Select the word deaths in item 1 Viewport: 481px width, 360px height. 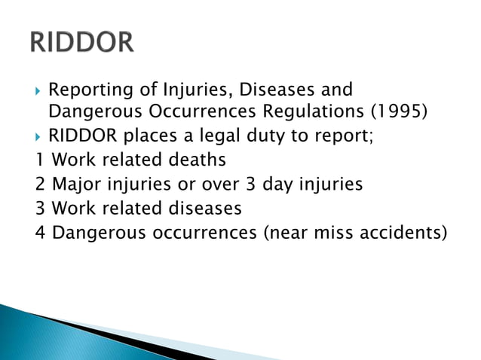tap(198, 160)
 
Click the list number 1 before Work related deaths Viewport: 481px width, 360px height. tap(39, 160)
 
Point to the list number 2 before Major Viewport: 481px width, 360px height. tap(40, 183)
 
